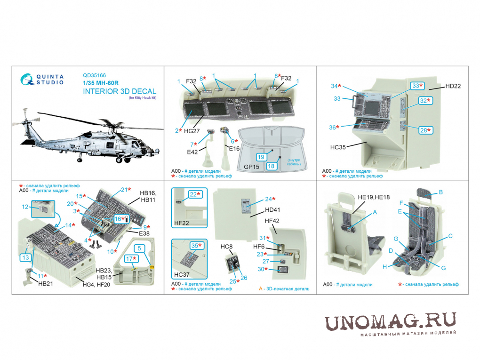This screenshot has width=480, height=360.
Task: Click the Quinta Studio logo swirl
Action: (x=27, y=80)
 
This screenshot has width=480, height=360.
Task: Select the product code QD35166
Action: (x=94, y=75)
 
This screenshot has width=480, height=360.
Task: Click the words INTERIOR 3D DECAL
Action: (x=120, y=91)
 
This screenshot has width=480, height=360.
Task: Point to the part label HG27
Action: (x=192, y=131)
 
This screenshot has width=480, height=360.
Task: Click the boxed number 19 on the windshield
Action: (x=261, y=157)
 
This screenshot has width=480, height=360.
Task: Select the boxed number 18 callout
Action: (x=271, y=166)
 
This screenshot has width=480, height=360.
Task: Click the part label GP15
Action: (x=251, y=167)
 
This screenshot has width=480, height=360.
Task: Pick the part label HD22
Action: (x=453, y=86)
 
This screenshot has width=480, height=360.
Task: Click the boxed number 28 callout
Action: (x=425, y=130)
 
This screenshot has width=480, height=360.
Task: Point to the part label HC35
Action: (x=338, y=147)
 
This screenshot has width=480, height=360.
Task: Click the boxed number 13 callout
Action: (x=26, y=257)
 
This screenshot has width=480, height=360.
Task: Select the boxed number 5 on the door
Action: (x=139, y=248)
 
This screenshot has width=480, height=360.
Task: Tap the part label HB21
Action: (x=46, y=284)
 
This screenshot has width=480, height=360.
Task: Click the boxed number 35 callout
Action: (x=197, y=246)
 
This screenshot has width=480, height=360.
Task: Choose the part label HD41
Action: (x=272, y=210)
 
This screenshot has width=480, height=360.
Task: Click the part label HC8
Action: (x=226, y=247)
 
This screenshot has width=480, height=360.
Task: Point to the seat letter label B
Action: (x=441, y=192)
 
